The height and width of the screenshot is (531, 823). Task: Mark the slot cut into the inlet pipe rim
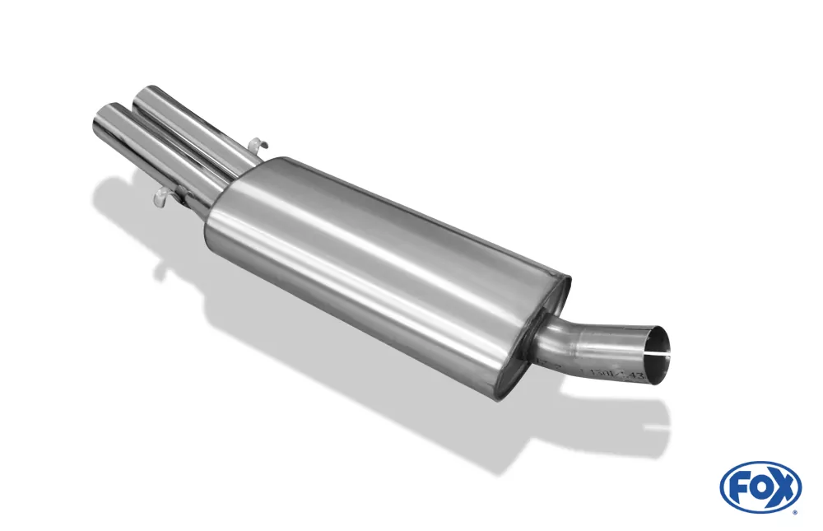click(658, 356)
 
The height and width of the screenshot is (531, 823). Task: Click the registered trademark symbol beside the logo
click(795, 512)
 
